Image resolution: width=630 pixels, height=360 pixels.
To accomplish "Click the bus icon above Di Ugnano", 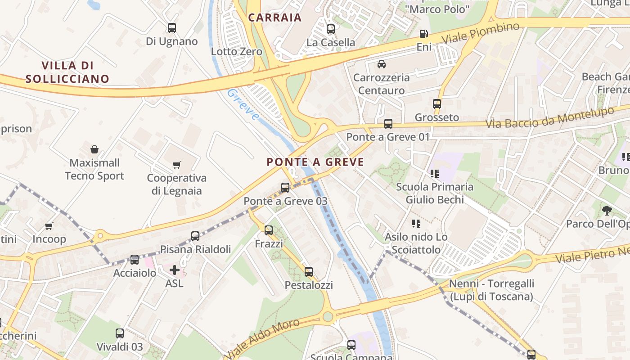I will coord(172,28).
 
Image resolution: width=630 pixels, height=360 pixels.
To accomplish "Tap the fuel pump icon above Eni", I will coord(423,33).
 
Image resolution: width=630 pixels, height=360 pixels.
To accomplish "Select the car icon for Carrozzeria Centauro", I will coord(382,64).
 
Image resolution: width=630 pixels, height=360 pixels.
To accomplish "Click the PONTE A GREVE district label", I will coord(315,162).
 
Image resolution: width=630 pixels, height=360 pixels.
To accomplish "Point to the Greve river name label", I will coord(243,104).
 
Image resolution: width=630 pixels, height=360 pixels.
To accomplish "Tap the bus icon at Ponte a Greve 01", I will coord(388,124).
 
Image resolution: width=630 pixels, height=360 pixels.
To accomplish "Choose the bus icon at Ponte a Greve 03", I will coord(285,188).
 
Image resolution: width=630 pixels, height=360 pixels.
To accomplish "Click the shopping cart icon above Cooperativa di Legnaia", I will coord(177,165).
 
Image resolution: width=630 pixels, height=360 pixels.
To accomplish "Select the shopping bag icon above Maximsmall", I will coord(94,149).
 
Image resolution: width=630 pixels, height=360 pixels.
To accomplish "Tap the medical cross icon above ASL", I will coord(175,270).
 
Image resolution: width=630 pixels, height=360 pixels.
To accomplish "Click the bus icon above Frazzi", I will coord(269,230).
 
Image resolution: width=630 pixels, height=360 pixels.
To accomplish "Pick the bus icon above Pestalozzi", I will coord(309,272).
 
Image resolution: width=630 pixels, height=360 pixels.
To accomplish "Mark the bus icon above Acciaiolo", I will coord(135,260).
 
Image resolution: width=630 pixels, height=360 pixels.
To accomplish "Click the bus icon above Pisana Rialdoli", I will coord(195,236).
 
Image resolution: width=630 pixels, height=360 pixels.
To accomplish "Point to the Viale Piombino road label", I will coord(481,33).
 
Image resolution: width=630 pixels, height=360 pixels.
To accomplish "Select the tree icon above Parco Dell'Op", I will coord(607,210).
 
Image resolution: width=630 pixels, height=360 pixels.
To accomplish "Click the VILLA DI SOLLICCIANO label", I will coord(67,72).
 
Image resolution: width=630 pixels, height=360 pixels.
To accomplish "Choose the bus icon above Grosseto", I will coord(437,104).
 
